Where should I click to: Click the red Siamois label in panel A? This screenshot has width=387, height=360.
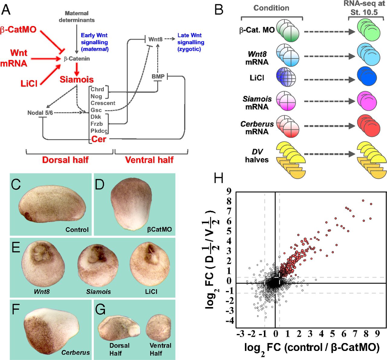coord(76,80)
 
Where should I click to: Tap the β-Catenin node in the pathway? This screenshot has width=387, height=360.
coord(77,59)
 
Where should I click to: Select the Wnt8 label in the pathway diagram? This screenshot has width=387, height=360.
coord(155,39)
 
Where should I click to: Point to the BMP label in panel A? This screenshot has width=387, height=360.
coord(158,77)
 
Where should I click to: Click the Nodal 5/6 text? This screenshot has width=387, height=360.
coord(40,113)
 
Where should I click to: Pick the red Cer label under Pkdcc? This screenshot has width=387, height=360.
coord(99,139)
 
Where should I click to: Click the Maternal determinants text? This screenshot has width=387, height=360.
coord(76,17)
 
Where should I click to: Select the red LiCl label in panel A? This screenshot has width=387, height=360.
coord(29,83)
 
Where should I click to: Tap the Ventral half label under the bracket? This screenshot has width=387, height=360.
coord(149,160)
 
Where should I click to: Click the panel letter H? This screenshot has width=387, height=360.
coord(218,178)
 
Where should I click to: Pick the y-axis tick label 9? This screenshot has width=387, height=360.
coord(229,191)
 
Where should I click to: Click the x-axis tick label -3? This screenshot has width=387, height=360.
coord(240,334)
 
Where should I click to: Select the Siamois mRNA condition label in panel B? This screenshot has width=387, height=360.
coord(257,103)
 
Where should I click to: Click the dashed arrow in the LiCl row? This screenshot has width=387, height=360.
coord(330,79)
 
